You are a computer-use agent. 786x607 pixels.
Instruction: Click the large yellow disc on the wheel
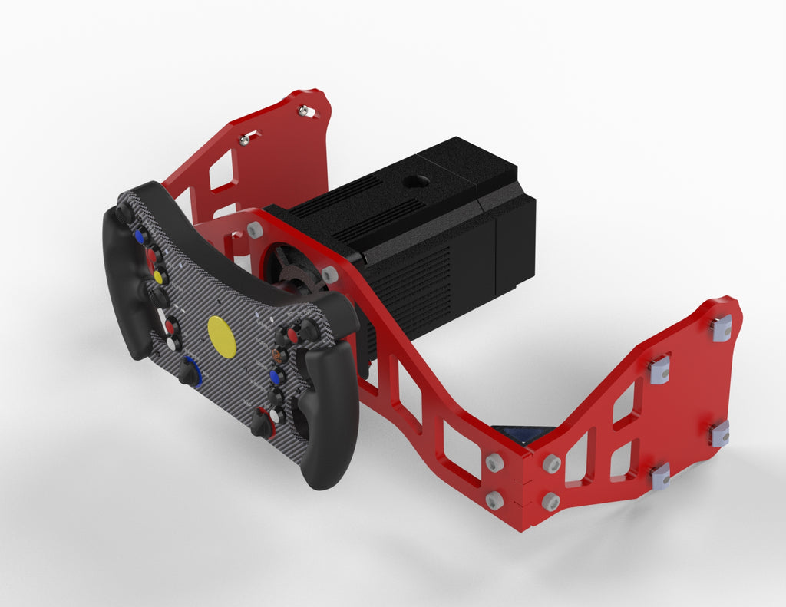(223, 336)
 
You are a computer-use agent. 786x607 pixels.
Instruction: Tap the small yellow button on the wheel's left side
(159, 275)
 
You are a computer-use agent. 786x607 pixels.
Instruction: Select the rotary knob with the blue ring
(189, 371)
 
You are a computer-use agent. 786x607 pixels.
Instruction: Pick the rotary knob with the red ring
(262, 424)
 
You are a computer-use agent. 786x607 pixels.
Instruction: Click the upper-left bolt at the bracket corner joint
(494, 463)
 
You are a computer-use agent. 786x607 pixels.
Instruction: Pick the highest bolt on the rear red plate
(305, 111)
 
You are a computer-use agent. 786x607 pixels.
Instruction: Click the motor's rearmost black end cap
(516, 246)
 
